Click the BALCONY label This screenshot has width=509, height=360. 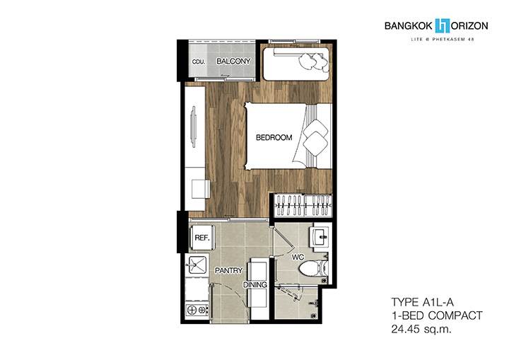[x=233, y=61]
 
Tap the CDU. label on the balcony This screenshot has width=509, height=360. [x=199, y=62]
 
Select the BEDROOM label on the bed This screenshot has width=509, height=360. [x=274, y=137]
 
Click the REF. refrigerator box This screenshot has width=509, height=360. [x=201, y=238]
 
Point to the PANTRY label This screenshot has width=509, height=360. [x=228, y=270]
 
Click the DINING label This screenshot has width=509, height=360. [x=255, y=284]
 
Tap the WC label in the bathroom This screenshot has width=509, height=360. [x=298, y=257]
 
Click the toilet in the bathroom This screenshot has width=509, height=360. [x=313, y=268]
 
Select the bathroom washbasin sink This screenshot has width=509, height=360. [x=320, y=236]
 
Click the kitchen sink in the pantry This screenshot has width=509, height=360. [x=197, y=265]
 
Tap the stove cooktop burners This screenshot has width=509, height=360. [x=197, y=310]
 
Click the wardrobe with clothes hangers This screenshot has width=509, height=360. [x=303, y=205]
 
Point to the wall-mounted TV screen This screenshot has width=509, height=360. [x=194, y=127]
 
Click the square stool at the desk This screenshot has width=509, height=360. [x=200, y=190]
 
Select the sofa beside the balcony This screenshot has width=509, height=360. [x=296, y=64]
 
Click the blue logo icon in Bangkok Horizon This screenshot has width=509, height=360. [x=443, y=25]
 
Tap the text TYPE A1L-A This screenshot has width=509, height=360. [x=422, y=302]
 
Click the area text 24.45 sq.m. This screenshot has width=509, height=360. [x=421, y=329]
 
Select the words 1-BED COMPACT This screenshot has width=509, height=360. [x=437, y=315]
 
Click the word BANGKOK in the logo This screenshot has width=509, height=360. [x=409, y=26]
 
